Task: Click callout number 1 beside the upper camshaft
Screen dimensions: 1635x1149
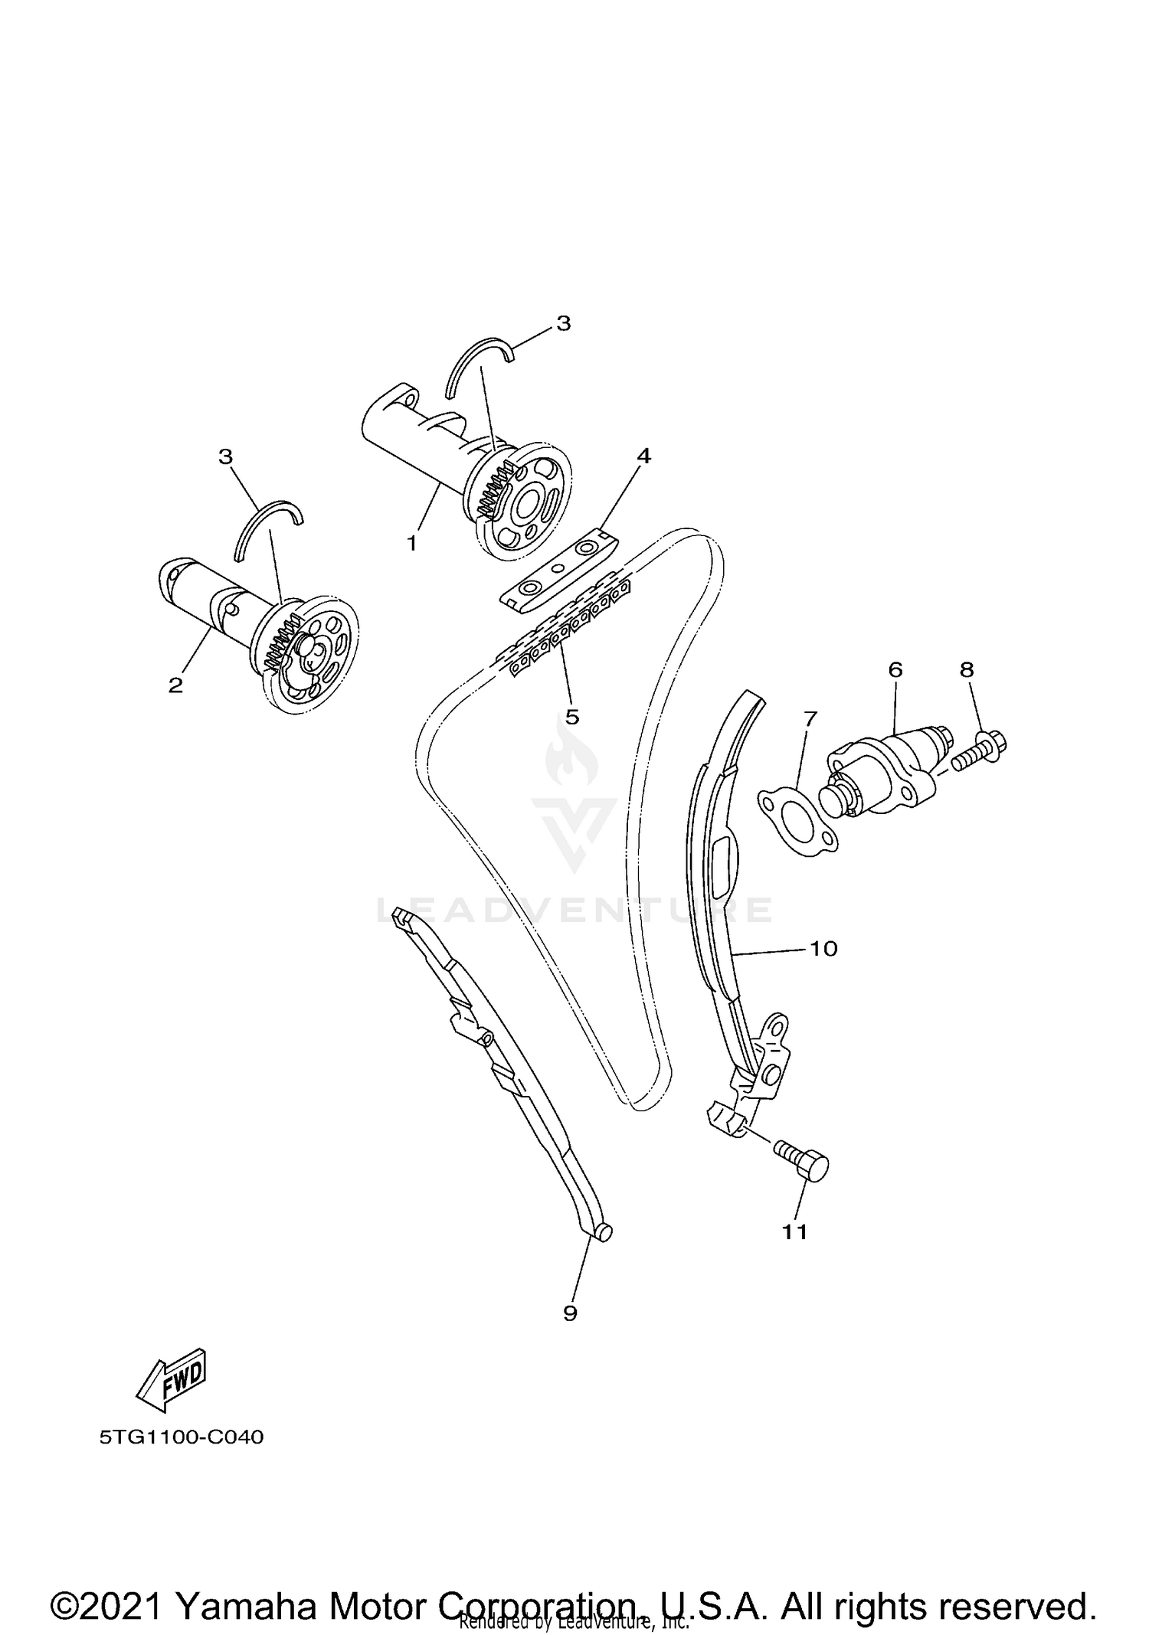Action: click(x=412, y=543)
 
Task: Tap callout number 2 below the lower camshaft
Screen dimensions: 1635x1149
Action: click(x=176, y=685)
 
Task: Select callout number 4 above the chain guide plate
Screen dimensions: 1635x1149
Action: click(x=643, y=456)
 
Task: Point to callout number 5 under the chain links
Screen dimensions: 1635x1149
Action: click(x=571, y=717)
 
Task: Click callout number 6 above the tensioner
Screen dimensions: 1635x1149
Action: click(x=895, y=669)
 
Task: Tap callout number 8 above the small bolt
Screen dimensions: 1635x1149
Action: click(x=967, y=669)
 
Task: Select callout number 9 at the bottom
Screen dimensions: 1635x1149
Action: click(x=570, y=1313)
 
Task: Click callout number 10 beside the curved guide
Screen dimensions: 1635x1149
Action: click(x=823, y=948)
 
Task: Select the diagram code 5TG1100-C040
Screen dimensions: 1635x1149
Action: click(x=182, y=1437)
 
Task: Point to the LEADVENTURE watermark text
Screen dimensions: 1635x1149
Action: click(x=574, y=910)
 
